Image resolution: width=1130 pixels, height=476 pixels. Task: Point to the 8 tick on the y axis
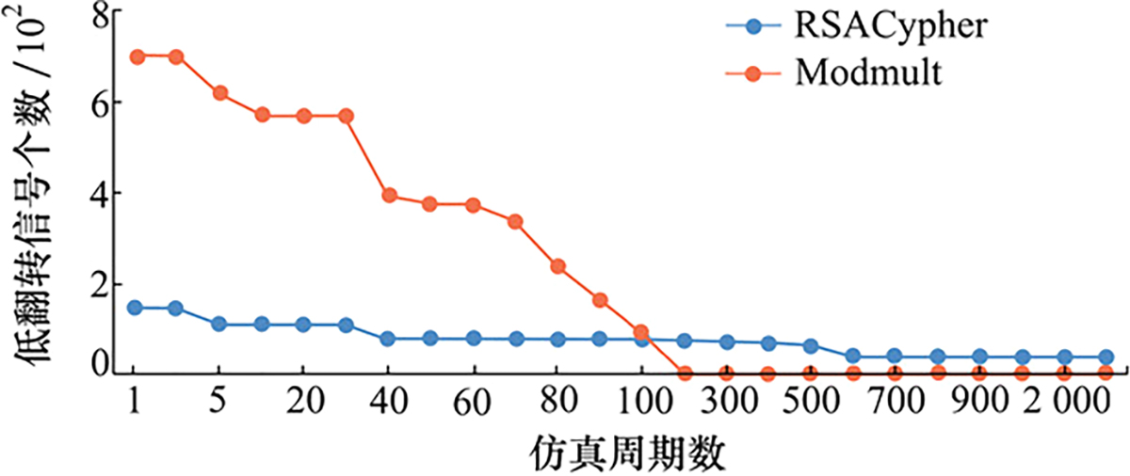point(96,14)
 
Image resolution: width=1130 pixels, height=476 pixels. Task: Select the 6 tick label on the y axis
point(96,103)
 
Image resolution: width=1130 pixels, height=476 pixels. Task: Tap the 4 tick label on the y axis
point(96,193)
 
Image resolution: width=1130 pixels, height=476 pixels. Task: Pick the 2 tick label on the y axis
point(96,283)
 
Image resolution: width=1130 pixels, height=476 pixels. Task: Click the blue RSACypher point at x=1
point(135,308)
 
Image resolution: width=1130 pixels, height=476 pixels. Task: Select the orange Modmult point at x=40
point(388,196)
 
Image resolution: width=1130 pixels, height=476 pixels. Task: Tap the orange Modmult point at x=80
point(557,266)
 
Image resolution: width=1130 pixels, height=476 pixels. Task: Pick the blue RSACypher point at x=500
point(811,346)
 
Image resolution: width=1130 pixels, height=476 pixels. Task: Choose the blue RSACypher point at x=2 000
point(1065,357)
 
